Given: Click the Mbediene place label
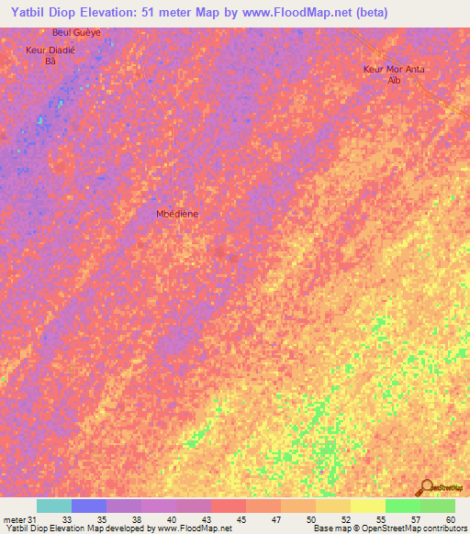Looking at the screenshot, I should point(177,213).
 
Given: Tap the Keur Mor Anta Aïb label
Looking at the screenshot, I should point(395,74).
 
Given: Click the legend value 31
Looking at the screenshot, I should point(33,520).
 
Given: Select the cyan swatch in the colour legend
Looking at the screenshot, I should point(54,506).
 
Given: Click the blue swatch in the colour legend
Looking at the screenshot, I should point(89,506).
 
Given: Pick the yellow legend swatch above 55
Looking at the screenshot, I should point(367,506).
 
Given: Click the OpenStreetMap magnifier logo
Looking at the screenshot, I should point(427,487).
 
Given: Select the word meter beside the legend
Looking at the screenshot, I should point(15,520).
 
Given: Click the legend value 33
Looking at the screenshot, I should point(67,520).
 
